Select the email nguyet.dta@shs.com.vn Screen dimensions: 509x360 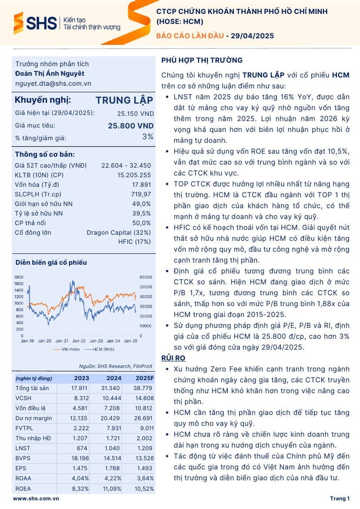coord(53,84)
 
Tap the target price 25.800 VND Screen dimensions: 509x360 coord(131,126)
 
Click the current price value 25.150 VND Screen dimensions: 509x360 coord(135,113)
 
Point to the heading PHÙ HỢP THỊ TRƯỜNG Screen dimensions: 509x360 coord(202,60)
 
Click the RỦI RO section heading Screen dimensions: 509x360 coord(173,358)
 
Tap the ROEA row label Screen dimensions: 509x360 coord(23,489)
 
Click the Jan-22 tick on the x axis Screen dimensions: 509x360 coord(79,341)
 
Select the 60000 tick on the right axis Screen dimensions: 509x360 coord(145,277)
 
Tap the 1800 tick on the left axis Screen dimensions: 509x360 coord(19,277)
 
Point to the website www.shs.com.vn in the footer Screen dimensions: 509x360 coord(36,499)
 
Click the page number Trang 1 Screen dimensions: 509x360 coord(340,499)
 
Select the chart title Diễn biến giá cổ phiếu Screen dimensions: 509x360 coord(51,263)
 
